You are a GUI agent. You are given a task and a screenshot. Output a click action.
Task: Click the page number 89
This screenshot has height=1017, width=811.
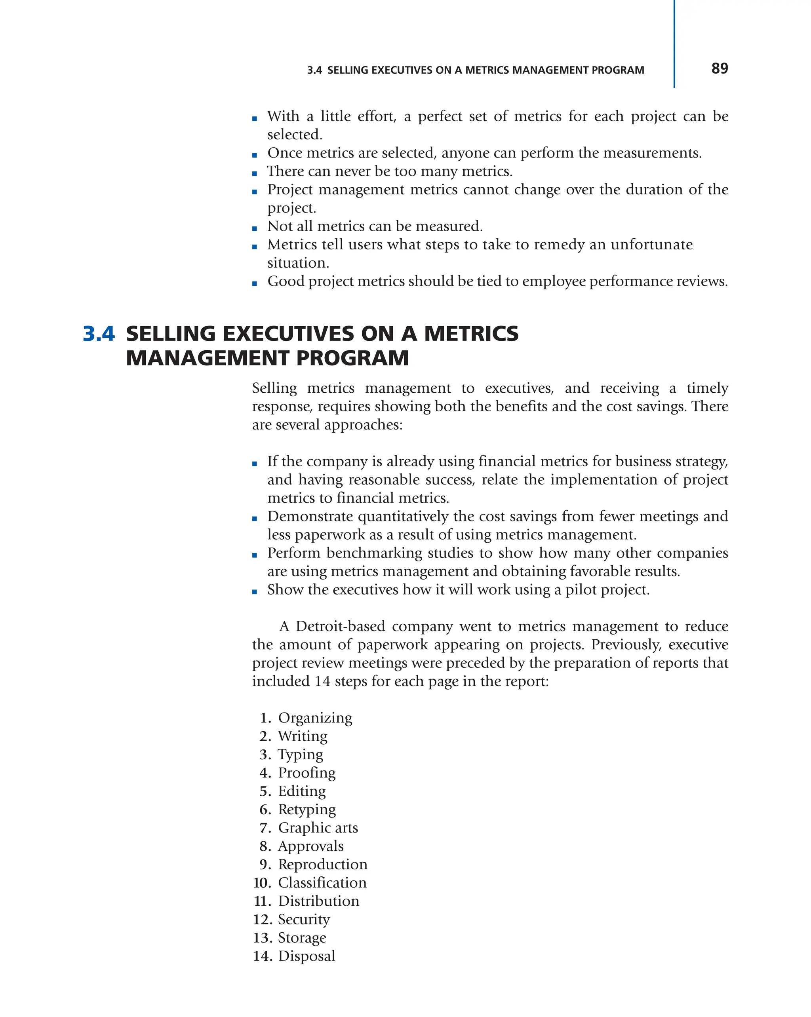[719, 68]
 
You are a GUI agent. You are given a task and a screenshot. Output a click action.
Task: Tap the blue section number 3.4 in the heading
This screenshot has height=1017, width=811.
[99, 334]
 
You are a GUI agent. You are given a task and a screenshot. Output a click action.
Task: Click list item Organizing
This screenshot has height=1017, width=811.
[315, 718]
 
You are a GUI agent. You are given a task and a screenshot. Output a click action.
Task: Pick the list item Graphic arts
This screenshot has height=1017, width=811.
[318, 828]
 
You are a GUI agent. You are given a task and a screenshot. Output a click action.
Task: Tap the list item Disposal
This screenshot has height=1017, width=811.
[306, 956]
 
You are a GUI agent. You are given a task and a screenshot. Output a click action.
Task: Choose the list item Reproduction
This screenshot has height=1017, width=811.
[322, 865]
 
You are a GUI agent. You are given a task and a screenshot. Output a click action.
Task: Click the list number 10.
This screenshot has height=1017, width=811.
[262, 883]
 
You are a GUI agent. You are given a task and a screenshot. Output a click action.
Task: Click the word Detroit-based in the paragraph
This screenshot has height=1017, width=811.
[340, 626]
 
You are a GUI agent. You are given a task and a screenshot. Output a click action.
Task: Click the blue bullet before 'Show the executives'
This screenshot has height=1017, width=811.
[255, 591]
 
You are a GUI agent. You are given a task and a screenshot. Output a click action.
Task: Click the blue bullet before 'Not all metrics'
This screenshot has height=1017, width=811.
[255, 228]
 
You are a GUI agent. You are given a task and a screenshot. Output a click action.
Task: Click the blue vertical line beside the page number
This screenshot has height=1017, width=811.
[674, 44]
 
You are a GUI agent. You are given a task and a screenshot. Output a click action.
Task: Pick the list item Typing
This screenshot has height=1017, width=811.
[300, 755]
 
